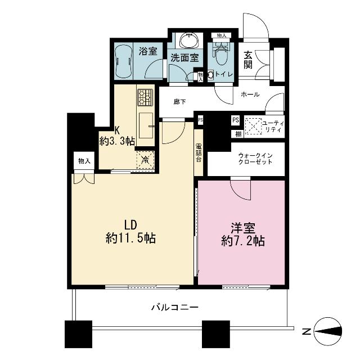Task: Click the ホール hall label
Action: click(250, 94)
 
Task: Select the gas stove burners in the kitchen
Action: click(145, 98)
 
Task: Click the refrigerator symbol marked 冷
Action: click(145, 160)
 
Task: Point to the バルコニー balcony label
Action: click(174, 307)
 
